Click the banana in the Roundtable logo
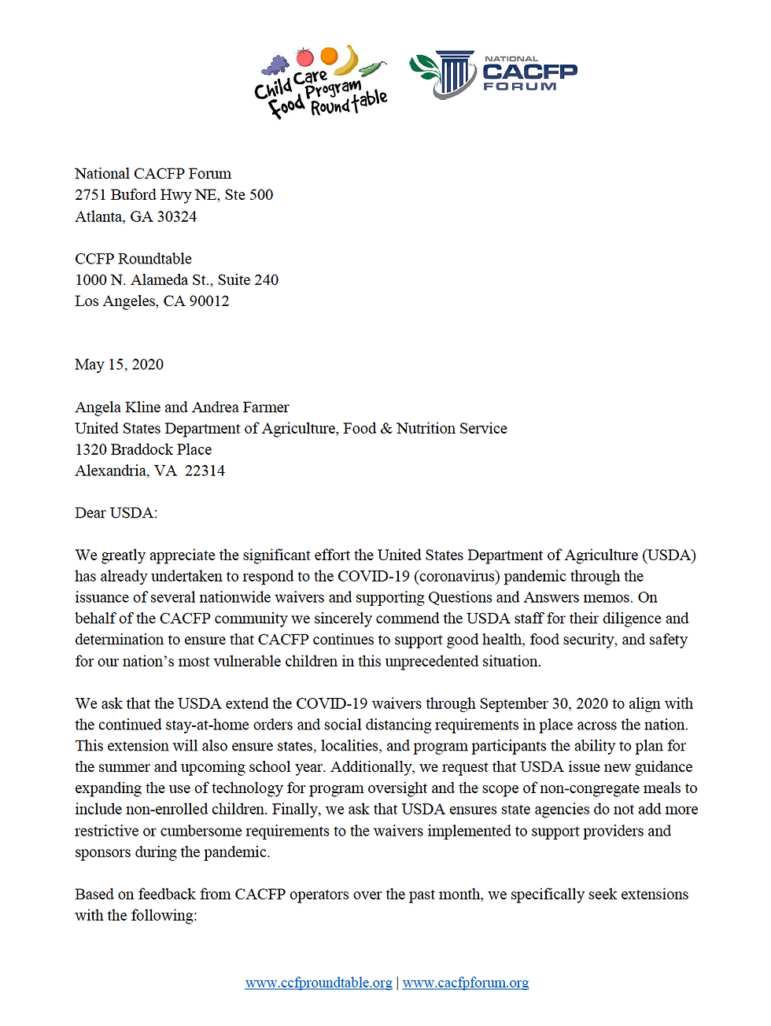[x=349, y=60]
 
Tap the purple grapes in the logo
[x=276, y=65]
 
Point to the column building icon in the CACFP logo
[x=455, y=75]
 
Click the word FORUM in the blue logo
[x=519, y=87]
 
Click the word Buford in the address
[x=135, y=194]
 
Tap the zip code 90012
[x=209, y=301]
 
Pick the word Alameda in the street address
[x=159, y=279]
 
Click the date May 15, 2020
[x=119, y=364]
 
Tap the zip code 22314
[x=205, y=471]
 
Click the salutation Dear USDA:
[x=116, y=513]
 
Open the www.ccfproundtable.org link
[x=319, y=983]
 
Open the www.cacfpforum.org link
[x=466, y=983]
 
